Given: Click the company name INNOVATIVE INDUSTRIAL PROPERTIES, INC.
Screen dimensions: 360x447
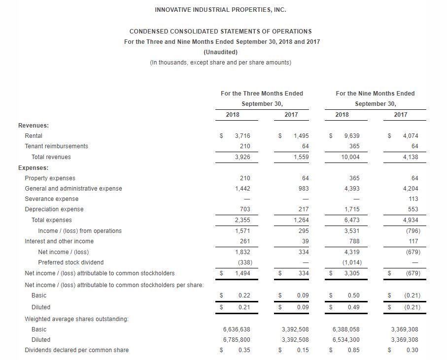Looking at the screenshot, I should pyautogui.click(x=220, y=10).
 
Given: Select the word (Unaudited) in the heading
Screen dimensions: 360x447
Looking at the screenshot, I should pyautogui.click(x=220, y=52).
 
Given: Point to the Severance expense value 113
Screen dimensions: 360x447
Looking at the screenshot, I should pyautogui.click(x=413, y=199).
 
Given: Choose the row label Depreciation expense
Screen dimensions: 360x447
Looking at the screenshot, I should pyautogui.click(x=54, y=209).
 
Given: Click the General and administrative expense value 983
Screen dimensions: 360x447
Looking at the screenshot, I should pyautogui.click(x=304, y=189).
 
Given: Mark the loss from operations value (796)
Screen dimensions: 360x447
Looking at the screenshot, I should pyautogui.click(x=412, y=231).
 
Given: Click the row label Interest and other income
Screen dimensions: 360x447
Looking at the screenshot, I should pyautogui.click(x=59, y=241).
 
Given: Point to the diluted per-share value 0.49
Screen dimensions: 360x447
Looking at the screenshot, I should pyautogui.click(x=353, y=307).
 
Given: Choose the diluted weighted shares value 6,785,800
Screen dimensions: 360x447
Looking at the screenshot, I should pyautogui.click(x=237, y=340).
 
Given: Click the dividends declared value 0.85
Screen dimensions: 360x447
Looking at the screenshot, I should pyautogui.click(x=353, y=350).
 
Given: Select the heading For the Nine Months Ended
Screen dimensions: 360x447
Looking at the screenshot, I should pyautogui.click(x=375, y=94).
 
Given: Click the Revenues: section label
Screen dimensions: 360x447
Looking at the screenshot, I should pyautogui.click(x=34, y=125).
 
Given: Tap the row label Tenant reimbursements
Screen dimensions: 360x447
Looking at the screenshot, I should pyautogui.click(x=57, y=146).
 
